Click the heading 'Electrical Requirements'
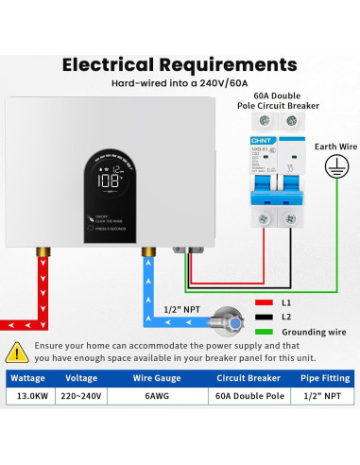coord(180,65)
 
